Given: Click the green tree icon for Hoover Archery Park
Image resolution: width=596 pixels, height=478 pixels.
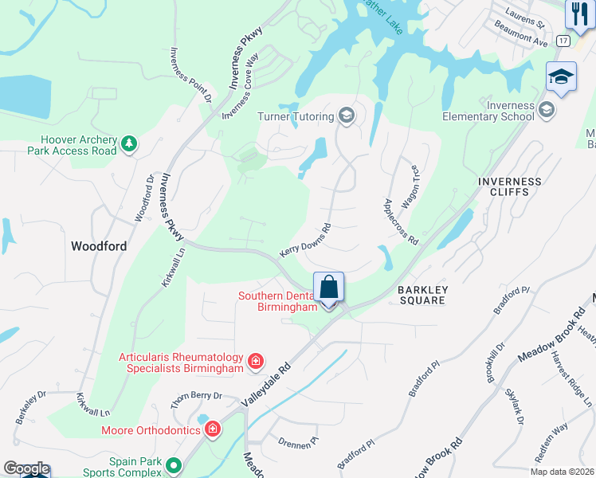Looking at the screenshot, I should click(x=129, y=144).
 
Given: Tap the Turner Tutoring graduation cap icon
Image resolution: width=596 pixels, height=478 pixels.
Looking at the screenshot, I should click(x=347, y=117).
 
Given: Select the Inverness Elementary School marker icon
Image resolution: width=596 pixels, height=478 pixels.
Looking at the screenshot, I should click(x=547, y=109).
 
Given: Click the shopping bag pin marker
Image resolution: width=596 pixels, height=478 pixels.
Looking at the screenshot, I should click(x=328, y=287).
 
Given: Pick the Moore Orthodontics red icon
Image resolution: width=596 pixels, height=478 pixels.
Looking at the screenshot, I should click(x=212, y=430).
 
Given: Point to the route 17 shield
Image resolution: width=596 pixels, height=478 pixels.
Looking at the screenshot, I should click(x=563, y=40).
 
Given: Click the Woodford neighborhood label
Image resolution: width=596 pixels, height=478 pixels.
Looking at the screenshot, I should click(x=99, y=246).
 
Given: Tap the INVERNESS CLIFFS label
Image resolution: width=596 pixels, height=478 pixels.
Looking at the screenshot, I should click(x=509, y=187).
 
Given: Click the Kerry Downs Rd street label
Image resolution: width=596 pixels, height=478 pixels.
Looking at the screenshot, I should click(x=305, y=240).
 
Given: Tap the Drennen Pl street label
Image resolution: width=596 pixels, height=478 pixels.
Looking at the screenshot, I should click(x=297, y=443).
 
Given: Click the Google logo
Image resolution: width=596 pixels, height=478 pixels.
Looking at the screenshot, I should click(x=25, y=468).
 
